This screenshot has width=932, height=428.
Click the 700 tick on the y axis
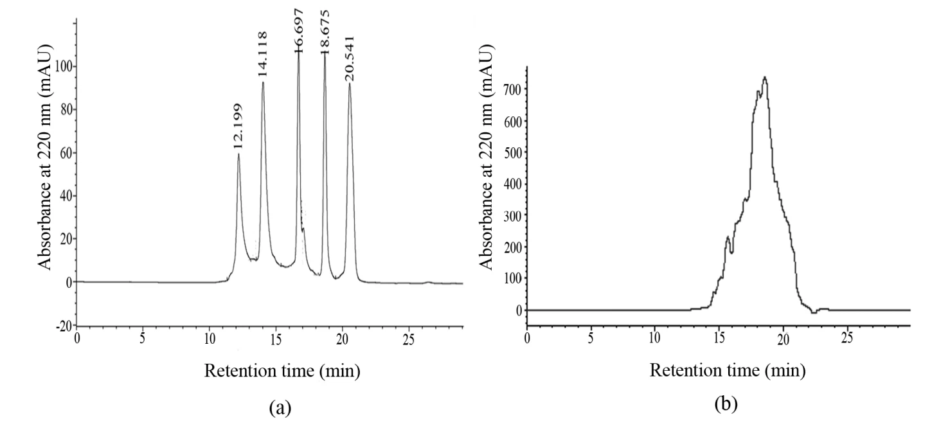coord(512,89)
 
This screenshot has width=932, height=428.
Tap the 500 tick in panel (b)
coord(512,152)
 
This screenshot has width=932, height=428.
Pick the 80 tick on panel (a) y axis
coord(64,109)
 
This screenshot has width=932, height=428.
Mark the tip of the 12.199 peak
coord(238,154)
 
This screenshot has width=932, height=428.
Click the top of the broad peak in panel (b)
coord(765,77)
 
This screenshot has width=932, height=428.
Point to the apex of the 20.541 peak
coord(350,84)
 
